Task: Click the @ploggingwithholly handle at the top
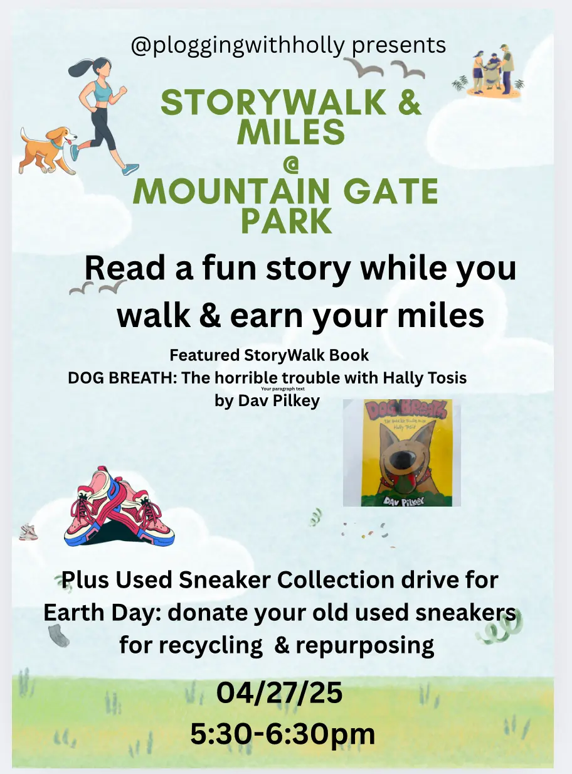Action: (238, 45)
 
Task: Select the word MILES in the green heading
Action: (291, 132)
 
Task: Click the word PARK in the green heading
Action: (287, 220)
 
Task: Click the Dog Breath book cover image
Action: (402, 453)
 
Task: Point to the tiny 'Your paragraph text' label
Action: (282, 389)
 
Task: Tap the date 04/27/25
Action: (279, 693)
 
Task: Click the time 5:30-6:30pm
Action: (282, 734)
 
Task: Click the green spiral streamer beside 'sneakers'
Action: (500, 630)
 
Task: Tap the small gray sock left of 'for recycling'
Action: (59, 635)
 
